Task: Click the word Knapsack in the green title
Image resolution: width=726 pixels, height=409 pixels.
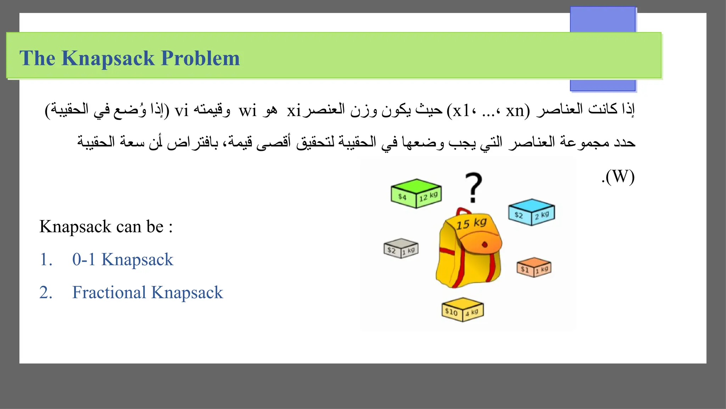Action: pos(108,59)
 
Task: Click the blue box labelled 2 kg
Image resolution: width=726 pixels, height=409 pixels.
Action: pos(531,212)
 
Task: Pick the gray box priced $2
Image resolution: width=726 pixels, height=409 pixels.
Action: pos(401,248)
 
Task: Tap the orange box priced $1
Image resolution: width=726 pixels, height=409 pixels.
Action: pos(534,267)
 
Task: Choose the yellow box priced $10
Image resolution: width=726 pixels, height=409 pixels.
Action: pos(462,310)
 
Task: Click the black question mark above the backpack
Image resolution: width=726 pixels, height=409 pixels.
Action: pos(474,187)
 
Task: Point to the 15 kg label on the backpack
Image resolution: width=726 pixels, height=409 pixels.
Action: pos(471,224)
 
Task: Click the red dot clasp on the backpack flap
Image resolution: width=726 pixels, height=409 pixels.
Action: pos(485,245)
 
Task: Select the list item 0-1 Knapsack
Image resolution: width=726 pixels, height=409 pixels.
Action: pos(123,260)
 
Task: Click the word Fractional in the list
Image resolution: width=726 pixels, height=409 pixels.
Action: pos(109,293)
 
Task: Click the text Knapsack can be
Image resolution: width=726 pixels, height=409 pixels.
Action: pos(101,227)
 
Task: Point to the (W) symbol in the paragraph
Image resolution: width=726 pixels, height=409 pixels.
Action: pos(620,176)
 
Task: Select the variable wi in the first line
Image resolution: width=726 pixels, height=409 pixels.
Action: pos(247,111)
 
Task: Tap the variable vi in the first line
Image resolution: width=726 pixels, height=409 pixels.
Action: pos(181,111)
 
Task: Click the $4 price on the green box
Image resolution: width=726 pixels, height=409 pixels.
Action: pos(402,197)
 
